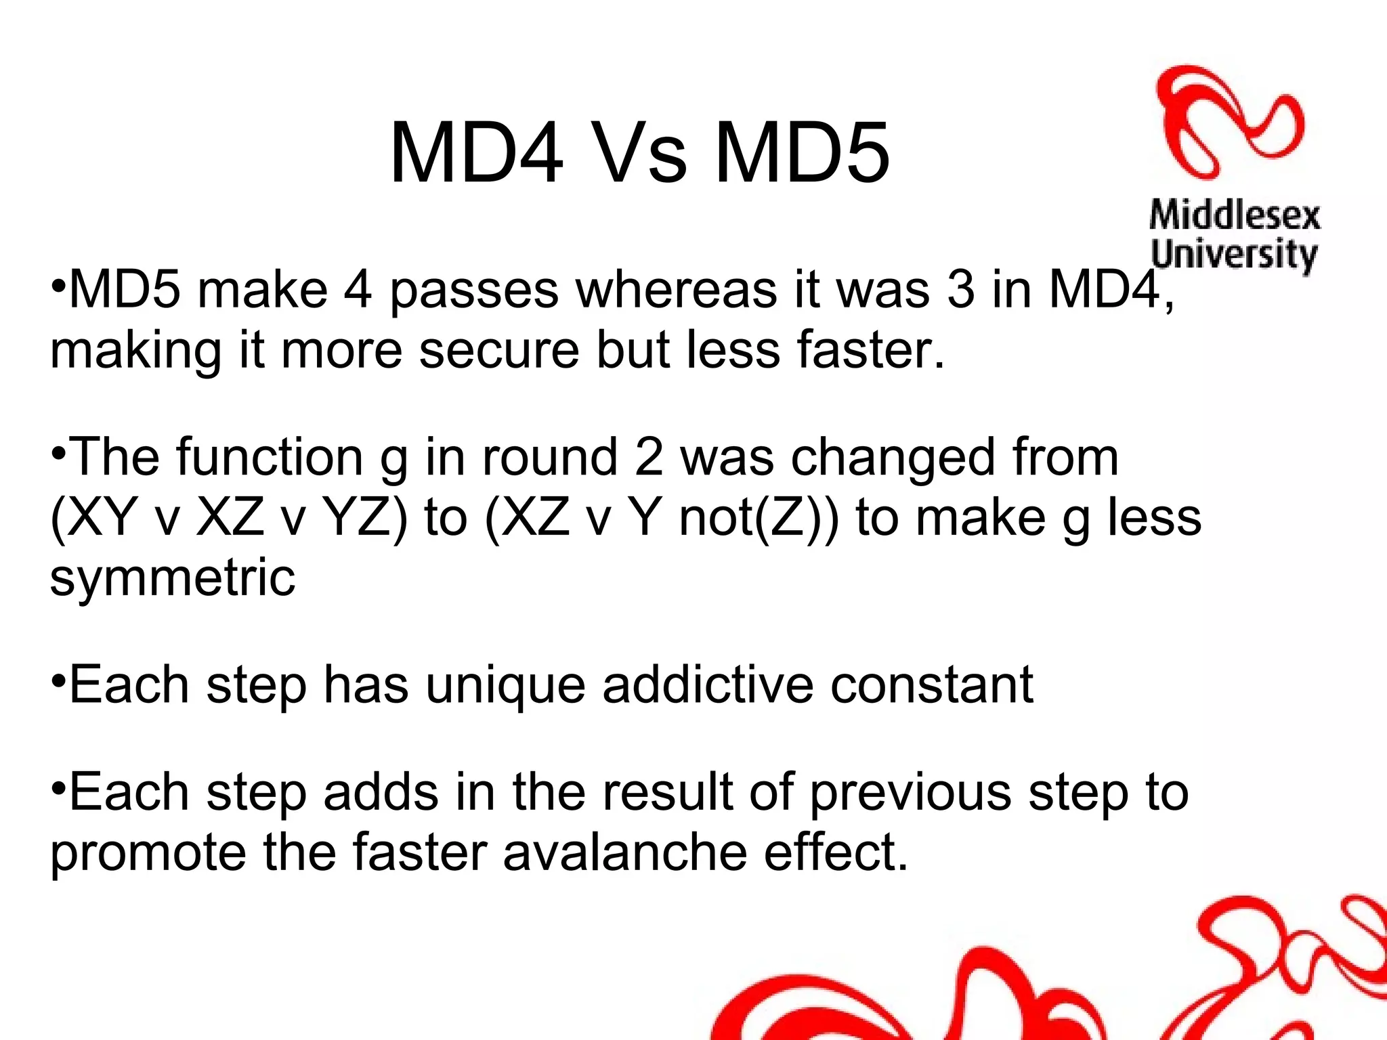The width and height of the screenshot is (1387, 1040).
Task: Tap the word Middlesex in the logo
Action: [1235, 216]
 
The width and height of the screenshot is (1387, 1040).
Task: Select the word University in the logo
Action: [1234, 255]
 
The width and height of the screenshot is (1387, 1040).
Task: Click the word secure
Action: [499, 350]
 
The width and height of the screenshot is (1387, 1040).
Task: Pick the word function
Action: [270, 457]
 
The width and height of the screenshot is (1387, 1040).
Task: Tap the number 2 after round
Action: [649, 457]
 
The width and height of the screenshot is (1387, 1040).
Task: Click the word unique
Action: [505, 685]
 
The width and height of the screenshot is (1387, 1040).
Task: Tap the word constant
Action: [932, 685]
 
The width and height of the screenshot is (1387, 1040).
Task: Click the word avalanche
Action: [624, 852]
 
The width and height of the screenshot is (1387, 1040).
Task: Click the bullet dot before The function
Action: [58, 450]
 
